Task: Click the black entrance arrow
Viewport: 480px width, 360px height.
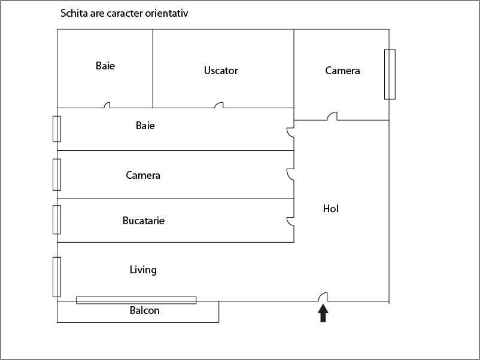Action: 323,313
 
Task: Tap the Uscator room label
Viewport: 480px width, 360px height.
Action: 221,71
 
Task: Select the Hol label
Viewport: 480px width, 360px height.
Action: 331,209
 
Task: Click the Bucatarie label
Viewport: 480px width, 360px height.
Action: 144,221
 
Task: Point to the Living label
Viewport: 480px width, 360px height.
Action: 143,270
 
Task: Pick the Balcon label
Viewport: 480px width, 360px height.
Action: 145,310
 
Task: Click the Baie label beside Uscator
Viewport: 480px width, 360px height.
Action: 105,66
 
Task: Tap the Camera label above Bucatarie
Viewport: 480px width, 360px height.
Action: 143,175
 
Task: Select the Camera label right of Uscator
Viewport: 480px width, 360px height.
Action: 342,71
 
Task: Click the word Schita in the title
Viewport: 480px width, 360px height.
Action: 74,13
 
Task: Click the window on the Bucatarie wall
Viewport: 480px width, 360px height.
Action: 57,219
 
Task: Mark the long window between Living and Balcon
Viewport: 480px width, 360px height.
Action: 136,300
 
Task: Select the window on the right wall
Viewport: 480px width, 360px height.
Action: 390,74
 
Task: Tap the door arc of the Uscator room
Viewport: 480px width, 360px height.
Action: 219,105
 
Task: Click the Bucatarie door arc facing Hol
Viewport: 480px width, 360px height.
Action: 290,221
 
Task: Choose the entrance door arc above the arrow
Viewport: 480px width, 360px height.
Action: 322,296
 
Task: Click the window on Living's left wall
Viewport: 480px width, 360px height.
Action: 57,276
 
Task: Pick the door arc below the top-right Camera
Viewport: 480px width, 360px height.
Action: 332,116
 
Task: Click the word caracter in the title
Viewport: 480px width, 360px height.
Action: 122,13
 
